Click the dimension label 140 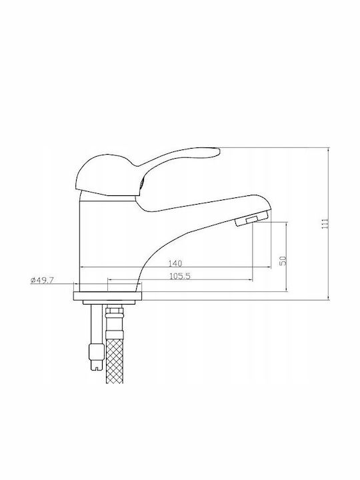pos(175,263)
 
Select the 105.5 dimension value pos(180,276)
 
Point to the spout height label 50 pos(283,261)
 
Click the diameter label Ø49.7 pos(42,280)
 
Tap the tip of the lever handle pos(219,151)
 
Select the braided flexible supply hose pos(114,357)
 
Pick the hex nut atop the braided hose pos(114,313)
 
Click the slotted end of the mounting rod pos(97,367)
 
